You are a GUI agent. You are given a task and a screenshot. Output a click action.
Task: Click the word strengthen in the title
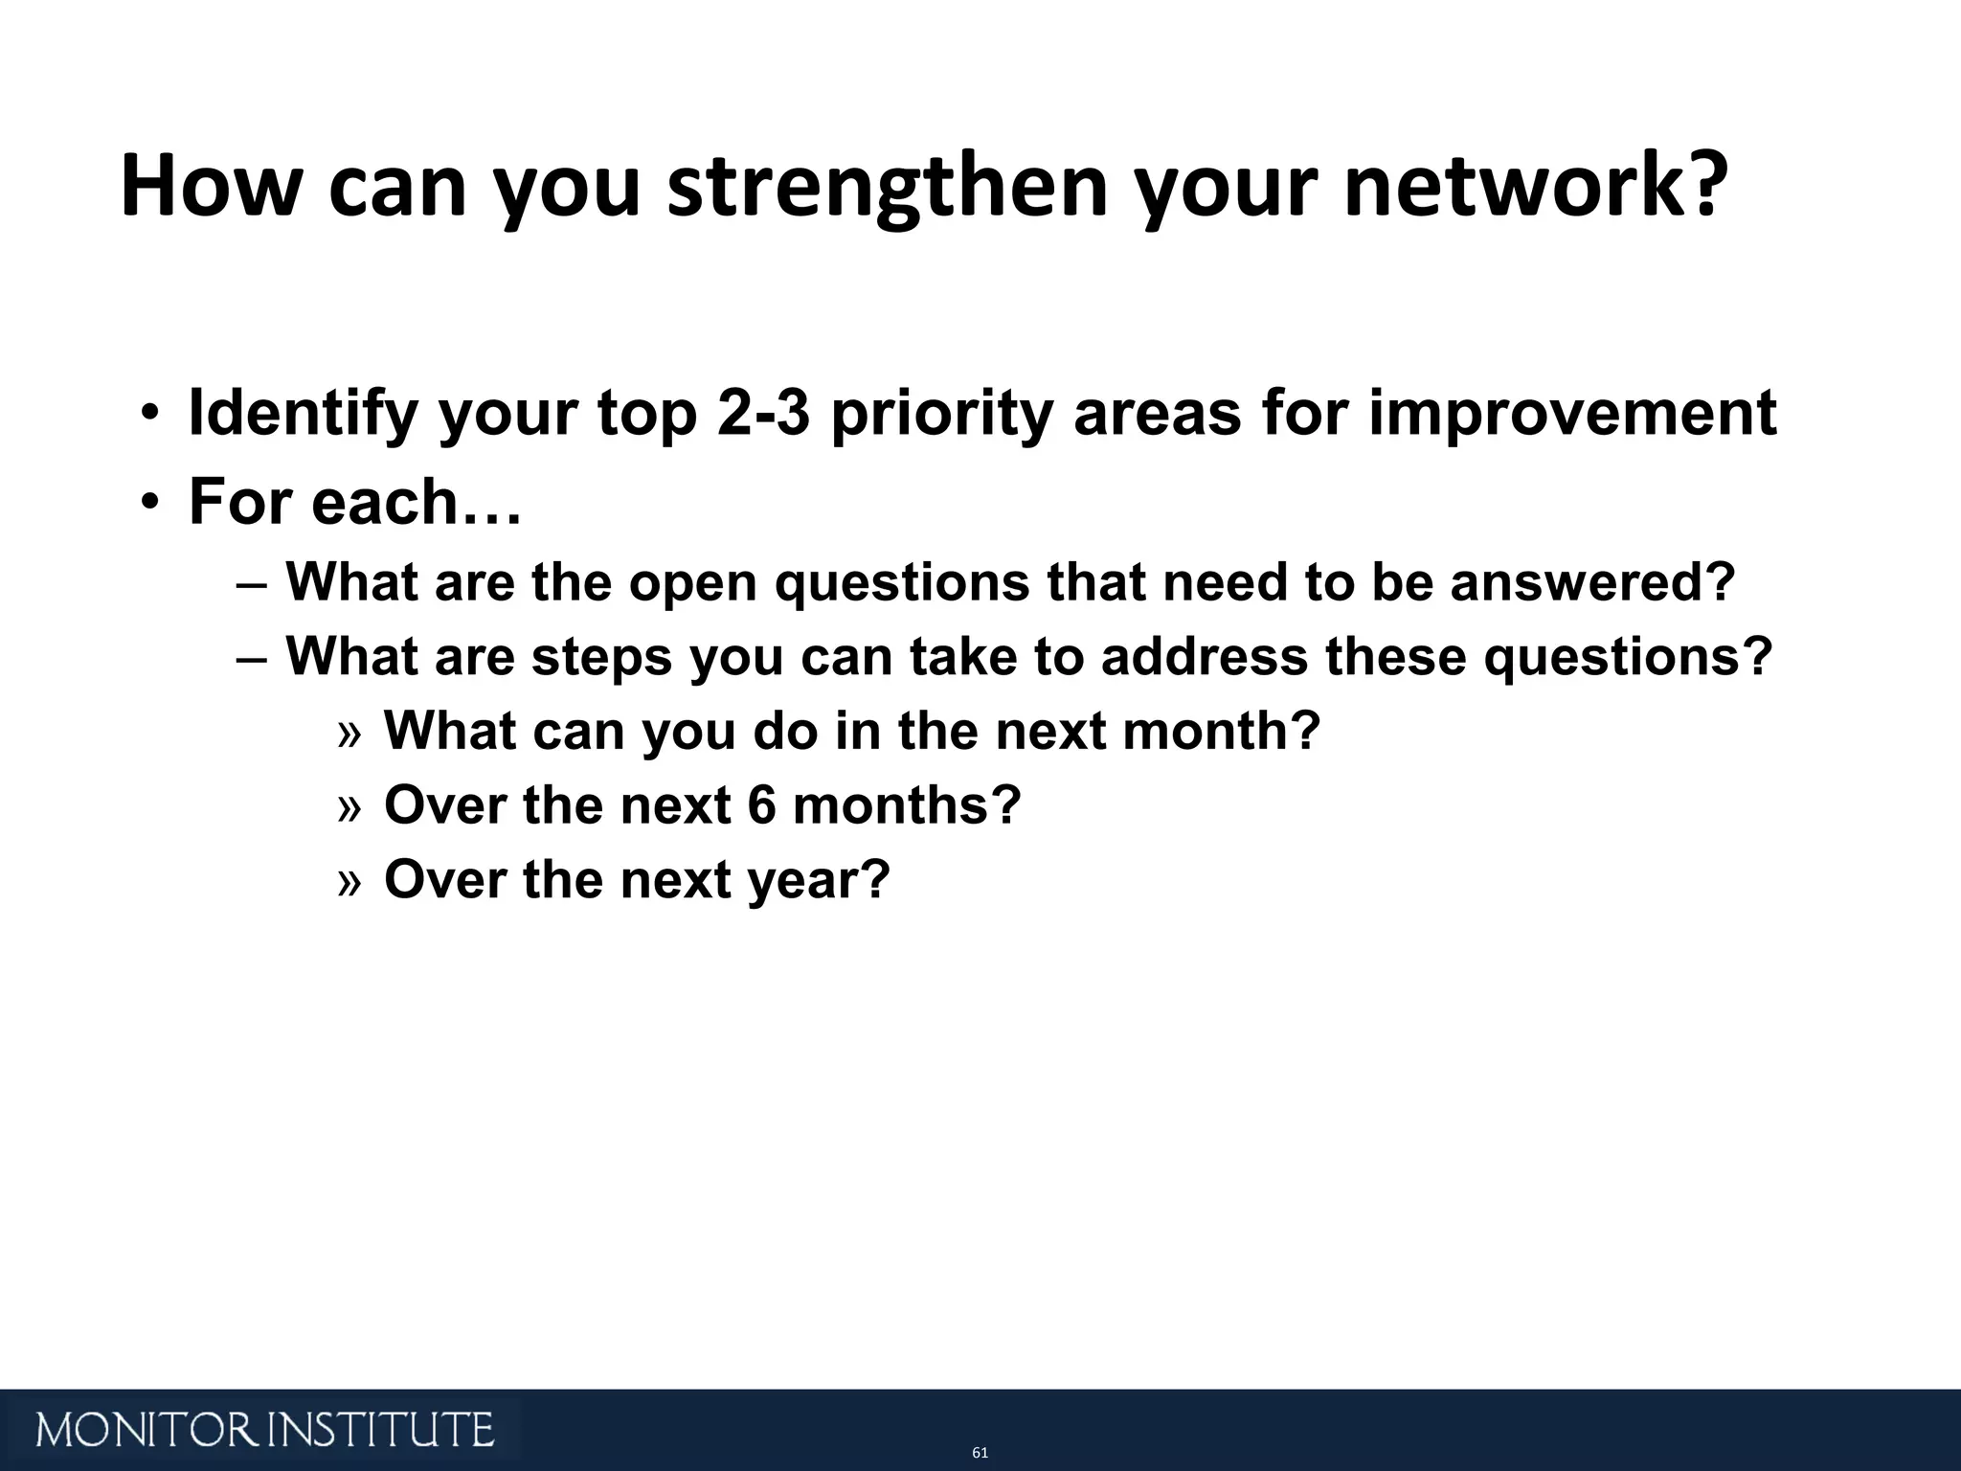pos(887,187)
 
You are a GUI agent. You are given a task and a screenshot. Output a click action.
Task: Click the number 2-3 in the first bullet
pos(761,414)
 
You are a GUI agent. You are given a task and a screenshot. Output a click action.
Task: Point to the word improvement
pos(1572,414)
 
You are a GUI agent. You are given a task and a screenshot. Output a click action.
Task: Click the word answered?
pos(1592,582)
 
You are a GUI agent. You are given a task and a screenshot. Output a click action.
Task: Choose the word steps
pos(601,657)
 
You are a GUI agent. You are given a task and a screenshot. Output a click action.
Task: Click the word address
pos(1204,657)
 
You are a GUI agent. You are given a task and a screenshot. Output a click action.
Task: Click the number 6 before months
pos(761,804)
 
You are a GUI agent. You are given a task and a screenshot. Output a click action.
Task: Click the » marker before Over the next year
pos(349,881)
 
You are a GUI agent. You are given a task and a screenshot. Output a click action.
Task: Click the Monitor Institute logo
pos(265,1430)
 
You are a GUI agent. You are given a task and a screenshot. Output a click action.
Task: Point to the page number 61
pos(980,1453)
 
